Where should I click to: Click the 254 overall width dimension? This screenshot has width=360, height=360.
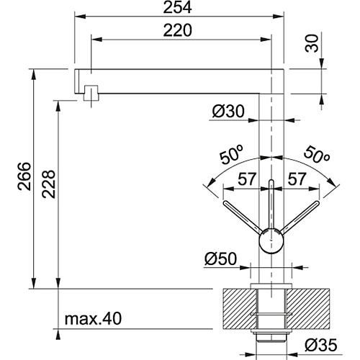coord(178,8)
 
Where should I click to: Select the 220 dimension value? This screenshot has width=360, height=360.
coord(178,30)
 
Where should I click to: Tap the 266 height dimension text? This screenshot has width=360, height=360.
coord(24,176)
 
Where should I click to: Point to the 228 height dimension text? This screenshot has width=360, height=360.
coord(48,184)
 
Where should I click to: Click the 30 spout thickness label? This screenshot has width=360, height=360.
coord(312,43)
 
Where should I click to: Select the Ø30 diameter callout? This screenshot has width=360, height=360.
coord(228,112)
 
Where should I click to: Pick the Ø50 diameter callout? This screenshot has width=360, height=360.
coord(220,259)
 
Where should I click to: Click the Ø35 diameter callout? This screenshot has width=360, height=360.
coord(321,346)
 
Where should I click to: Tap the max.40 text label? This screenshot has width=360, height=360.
coord(94,318)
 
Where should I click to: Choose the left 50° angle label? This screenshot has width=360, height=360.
coord(232,155)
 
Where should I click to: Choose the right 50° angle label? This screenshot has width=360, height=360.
coord(317,154)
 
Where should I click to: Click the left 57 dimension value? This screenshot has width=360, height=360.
coord(247,179)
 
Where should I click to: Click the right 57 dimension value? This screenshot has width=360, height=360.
coord(297,179)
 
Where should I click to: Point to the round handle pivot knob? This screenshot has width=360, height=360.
coord(271,240)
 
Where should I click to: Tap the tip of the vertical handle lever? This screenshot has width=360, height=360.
coord(271,180)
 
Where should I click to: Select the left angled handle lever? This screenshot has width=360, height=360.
coord(243,217)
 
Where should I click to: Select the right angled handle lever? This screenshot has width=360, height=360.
coord(300,217)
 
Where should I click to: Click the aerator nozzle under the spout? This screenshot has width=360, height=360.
coord(91,93)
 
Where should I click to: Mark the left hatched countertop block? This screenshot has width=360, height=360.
coord(240,309)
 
